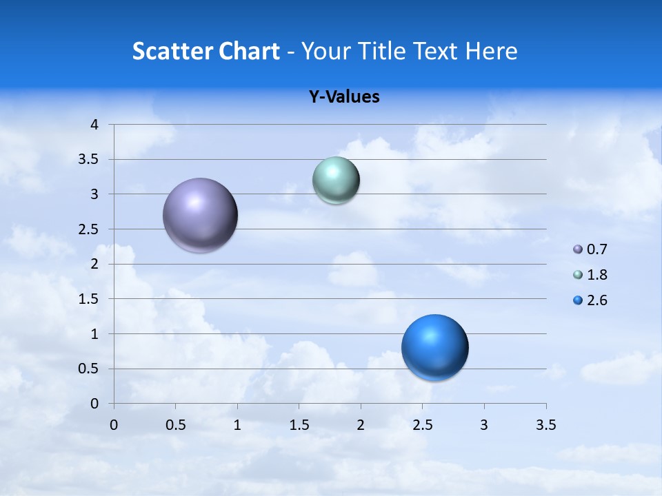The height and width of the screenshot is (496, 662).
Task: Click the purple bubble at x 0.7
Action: (x=200, y=215)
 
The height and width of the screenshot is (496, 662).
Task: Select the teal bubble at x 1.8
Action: (x=336, y=180)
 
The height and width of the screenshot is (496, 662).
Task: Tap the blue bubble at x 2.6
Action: (x=434, y=347)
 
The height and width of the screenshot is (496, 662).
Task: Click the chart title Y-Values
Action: (x=344, y=97)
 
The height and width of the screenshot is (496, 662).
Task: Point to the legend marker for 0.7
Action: (x=578, y=249)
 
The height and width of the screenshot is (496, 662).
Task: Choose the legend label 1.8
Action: (x=596, y=275)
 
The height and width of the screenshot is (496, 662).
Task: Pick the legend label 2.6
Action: (x=596, y=300)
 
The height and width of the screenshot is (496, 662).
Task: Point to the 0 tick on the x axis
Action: (x=114, y=425)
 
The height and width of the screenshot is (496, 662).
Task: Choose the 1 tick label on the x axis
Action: (x=237, y=425)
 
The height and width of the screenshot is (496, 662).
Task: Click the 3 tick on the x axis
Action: (x=484, y=425)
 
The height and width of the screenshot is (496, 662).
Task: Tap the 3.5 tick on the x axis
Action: (x=545, y=425)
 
